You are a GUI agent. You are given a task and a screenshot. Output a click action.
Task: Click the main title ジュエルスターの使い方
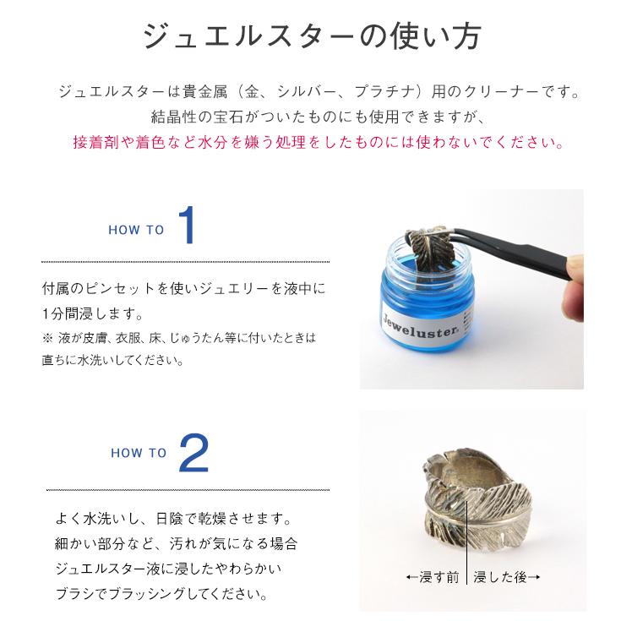(x=310, y=36)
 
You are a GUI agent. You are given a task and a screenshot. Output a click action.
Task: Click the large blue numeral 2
(x=194, y=454)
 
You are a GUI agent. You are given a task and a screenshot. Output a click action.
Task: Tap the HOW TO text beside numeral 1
(x=136, y=230)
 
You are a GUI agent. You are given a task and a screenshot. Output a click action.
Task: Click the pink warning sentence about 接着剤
(x=319, y=141)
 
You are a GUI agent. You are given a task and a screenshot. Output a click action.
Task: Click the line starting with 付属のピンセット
(x=183, y=288)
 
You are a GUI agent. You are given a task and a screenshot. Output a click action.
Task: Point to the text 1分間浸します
(x=91, y=313)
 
